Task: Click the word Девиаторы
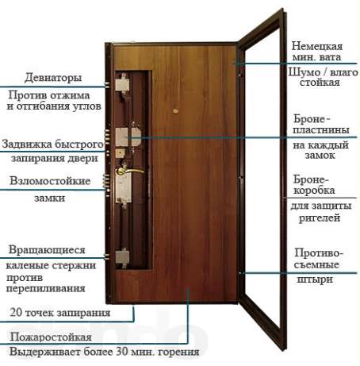click(x=53, y=78)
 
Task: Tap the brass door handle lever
click(x=131, y=171)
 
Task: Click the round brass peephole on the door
click(x=175, y=111)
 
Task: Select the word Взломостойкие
click(x=50, y=181)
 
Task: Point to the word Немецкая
click(x=317, y=46)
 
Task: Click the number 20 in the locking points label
click(x=16, y=312)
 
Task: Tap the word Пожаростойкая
click(x=51, y=337)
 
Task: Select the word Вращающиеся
click(x=47, y=250)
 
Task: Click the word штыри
click(x=315, y=279)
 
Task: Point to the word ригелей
click(x=320, y=218)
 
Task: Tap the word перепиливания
click(x=45, y=288)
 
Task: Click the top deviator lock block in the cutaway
click(x=122, y=85)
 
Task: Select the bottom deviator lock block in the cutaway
click(x=122, y=257)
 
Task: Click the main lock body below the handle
click(x=123, y=187)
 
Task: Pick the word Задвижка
click(x=27, y=144)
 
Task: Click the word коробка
click(x=314, y=191)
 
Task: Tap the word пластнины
click(x=321, y=130)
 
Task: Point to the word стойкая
click(x=320, y=83)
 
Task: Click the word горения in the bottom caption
click(x=179, y=353)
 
